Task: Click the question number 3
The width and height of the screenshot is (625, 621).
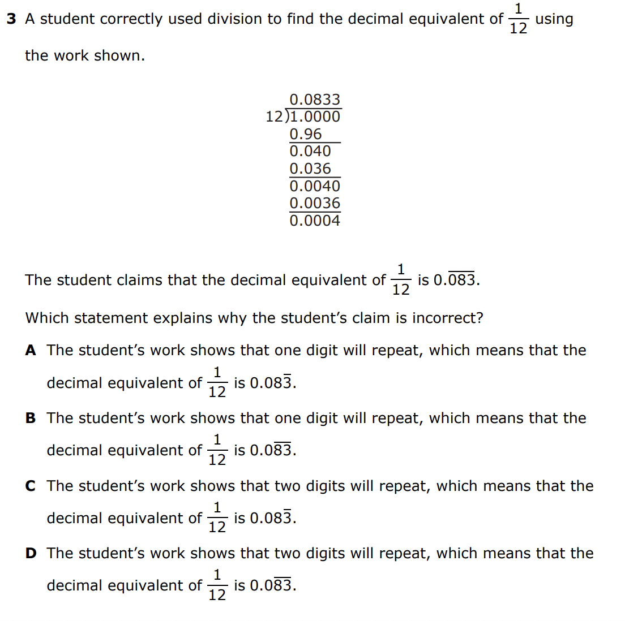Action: click(x=11, y=19)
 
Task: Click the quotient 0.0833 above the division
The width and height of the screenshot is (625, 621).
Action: click(x=315, y=100)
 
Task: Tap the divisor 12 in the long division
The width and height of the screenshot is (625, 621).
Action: click(x=274, y=117)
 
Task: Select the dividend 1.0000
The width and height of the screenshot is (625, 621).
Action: click(x=315, y=117)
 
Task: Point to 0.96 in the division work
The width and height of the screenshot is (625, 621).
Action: click(x=305, y=135)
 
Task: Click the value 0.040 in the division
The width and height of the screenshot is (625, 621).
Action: click(x=310, y=152)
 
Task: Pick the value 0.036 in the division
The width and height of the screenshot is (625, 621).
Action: click(x=310, y=169)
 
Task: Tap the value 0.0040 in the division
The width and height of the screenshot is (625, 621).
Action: click(x=315, y=186)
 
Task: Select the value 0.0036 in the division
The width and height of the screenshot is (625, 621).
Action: click(x=315, y=204)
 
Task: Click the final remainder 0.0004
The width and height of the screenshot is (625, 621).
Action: click(x=315, y=221)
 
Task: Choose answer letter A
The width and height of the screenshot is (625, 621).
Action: click(x=31, y=351)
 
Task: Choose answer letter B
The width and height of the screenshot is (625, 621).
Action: click(x=31, y=419)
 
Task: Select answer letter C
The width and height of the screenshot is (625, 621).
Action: click(x=31, y=486)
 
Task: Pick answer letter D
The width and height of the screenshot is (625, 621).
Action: click(x=31, y=554)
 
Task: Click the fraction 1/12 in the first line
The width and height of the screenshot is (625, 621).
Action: click(x=518, y=19)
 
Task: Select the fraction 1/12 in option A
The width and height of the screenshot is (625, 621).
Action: click(x=217, y=383)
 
